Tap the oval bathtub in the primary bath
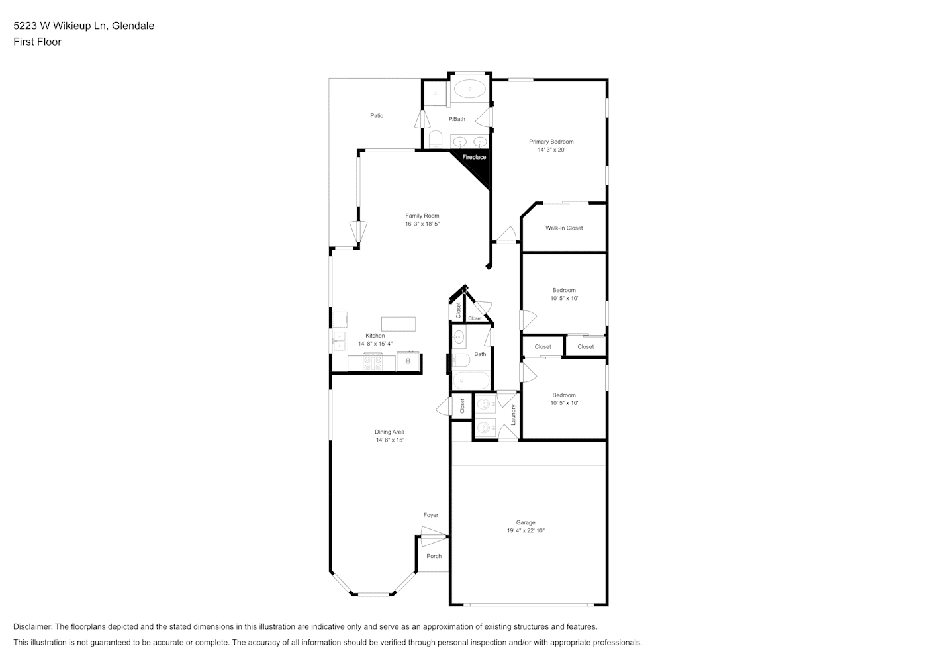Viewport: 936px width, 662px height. [470, 89]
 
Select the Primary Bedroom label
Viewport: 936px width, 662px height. [551, 142]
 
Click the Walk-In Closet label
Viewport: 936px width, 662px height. [564, 228]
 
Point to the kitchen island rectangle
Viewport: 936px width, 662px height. [398, 324]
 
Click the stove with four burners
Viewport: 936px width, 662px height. [373, 362]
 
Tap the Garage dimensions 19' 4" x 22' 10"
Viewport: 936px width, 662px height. [526, 530]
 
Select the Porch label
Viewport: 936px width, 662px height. [434, 556]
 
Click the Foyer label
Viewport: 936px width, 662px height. [431, 515]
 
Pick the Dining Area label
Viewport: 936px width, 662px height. [389, 432]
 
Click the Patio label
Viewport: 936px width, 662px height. [377, 115]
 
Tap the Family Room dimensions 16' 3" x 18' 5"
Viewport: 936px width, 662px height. [422, 224]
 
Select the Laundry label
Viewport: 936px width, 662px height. [514, 415]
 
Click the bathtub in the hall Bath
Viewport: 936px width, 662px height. [471, 380]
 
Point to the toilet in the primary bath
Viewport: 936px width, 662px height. [436, 140]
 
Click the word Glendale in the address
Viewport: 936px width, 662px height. [133, 26]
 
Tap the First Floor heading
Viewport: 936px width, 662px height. [37, 42]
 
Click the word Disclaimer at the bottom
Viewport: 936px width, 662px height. [32, 626]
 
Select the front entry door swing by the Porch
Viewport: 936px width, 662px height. [434, 537]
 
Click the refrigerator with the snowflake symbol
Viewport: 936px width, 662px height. [408, 361]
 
